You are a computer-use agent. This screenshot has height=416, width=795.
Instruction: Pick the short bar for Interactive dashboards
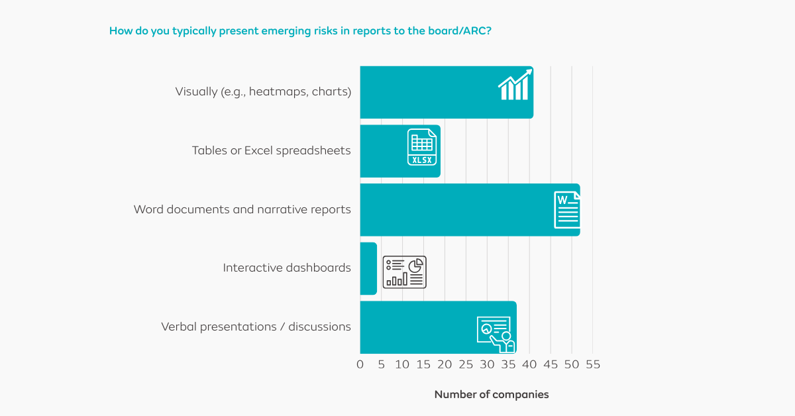pos(368,268)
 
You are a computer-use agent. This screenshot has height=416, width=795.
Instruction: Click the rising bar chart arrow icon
pos(515,85)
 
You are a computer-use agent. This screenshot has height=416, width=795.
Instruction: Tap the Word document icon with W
pos(567,210)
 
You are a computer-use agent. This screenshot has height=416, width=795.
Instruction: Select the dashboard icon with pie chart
pos(405,272)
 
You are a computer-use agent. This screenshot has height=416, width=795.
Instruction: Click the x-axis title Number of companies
pos(492,395)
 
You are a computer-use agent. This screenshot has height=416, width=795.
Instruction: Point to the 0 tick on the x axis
pos(360,365)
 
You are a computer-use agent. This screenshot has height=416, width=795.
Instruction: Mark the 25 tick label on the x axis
pos(466,365)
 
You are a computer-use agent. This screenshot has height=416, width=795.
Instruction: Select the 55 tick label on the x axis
pos(592,365)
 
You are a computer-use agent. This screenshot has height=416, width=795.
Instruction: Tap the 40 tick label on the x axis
pos(529,365)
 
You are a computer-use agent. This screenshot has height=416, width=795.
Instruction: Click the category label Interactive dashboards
pos(287,268)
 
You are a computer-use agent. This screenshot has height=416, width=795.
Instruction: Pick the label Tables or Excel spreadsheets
pos(271,151)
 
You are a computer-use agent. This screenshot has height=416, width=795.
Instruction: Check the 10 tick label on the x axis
pos(402,365)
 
